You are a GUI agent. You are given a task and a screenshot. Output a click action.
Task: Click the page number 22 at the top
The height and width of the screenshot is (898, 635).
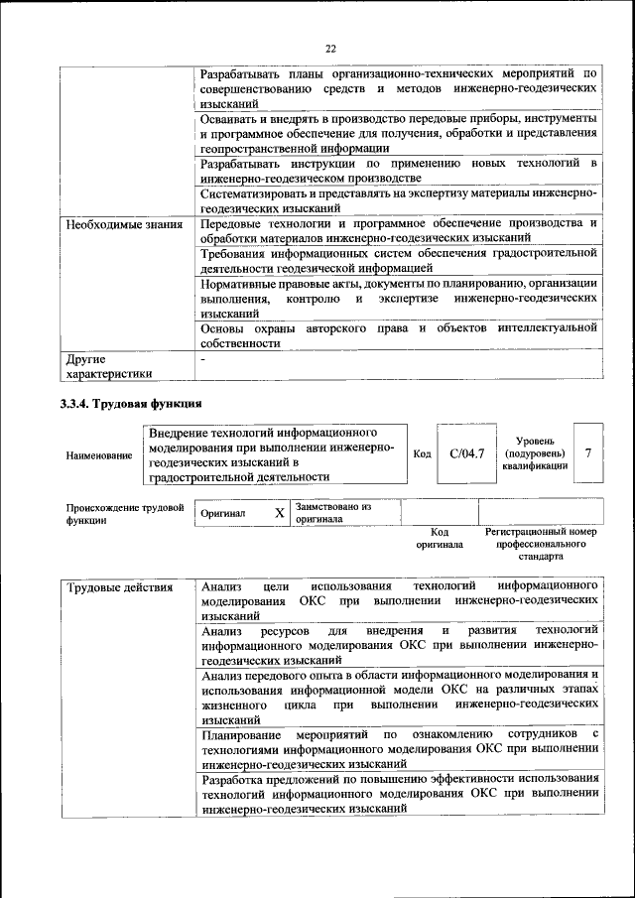click(x=331, y=47)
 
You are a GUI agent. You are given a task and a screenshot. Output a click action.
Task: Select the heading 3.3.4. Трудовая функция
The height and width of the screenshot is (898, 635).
click(x=131, y=404)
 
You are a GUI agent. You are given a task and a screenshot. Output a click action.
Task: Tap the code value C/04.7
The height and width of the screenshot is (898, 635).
click(x=466, y=453)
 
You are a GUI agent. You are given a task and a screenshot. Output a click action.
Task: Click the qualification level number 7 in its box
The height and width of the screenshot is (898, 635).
click(x=589, y=453)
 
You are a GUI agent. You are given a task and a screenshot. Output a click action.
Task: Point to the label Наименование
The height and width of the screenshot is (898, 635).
click(x=98, y=455)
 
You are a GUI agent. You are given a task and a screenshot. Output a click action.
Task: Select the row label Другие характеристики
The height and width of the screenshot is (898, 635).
click(x=109, y=366)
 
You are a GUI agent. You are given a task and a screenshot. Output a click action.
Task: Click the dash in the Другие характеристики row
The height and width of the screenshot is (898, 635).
click(x=202, y=358)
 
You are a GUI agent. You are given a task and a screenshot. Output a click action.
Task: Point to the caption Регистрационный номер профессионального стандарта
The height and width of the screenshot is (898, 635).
click(x=541, y=544)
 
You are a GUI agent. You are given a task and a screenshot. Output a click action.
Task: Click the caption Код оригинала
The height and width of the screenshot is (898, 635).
click(x=440, y=538)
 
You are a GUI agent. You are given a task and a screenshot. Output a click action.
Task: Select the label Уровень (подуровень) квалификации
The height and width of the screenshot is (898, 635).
click(x=535, y=452)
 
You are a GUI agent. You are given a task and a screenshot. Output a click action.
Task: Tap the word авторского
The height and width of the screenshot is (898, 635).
click(x=328, y=327)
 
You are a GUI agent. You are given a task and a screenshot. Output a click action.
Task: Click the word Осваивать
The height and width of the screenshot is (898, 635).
click(x=228, y=118)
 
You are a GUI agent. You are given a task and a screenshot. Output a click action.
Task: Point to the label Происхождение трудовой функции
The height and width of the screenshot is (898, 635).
click(x=125, y=513)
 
